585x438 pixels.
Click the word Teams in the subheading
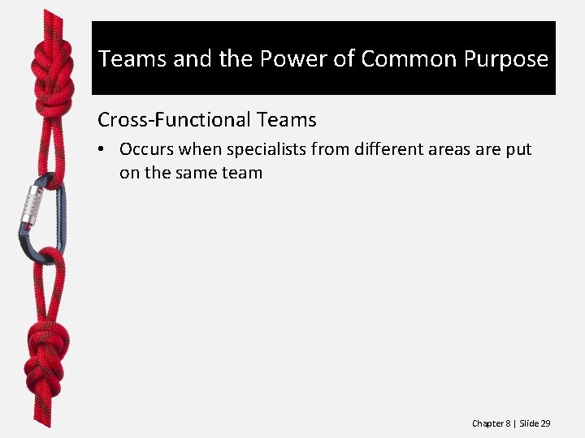(287, 120)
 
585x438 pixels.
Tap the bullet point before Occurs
(102, 150)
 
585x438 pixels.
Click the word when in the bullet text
(197, 150)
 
